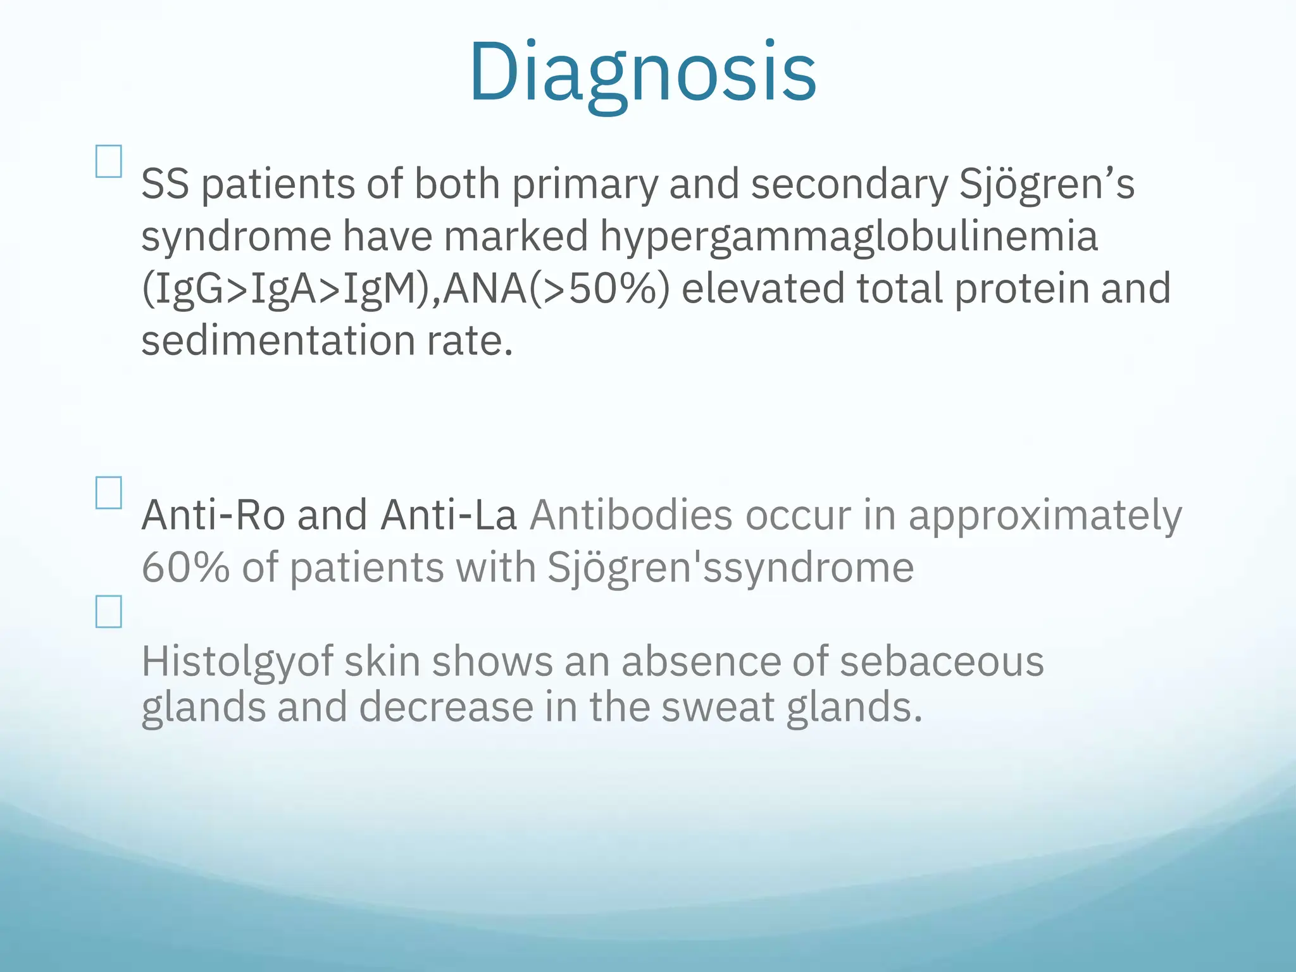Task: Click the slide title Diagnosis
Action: pyautogui.click(x=642, y=73)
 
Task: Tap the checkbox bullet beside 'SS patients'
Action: pyautogui.click(x=109, y=161)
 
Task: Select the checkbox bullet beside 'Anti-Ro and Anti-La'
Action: pyautogui.click(x=109, y=493)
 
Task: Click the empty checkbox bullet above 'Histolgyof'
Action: pyautogui.click(x=109, y=611)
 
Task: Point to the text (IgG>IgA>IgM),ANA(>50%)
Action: pyautogui.click(x=405, y=289)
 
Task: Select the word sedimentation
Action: pyautogui.click(x=278, y=341)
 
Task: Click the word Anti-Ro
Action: pyautogui.click(x=213, y=515)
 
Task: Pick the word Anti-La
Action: pyautogui.click(x=449, y=515)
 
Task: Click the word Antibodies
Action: pyautogui.click(x=631, y=515)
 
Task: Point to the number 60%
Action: pyautogui.click(x=185, y=567)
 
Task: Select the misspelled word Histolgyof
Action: pyautogui.click(x=237, y=662)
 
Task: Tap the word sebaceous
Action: pyautogui.click(x=942, y=662)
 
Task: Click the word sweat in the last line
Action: pyautogui.click(x=718, y=707)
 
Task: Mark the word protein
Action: pyautogui.click(x=1021, y=289)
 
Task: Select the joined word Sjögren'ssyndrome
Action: pyautogui.click(x=730, y=568)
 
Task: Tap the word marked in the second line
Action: pyautogui.click(x=516, y=237)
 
